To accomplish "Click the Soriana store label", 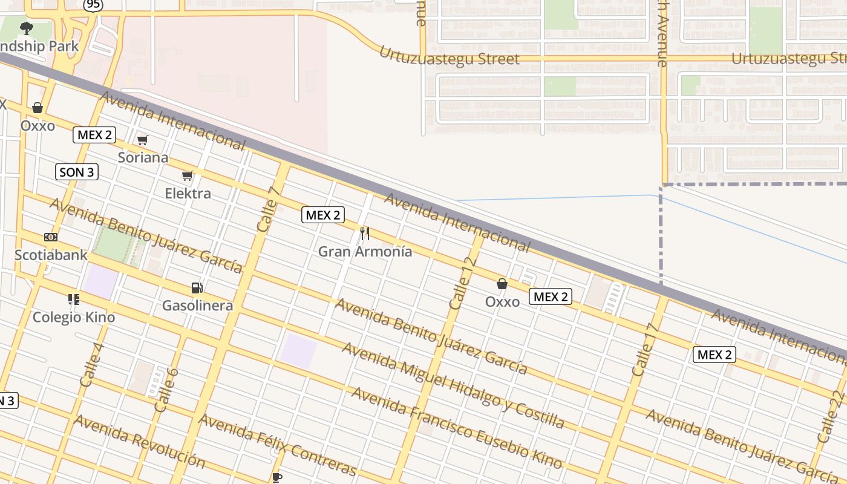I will click(x=143, y=157).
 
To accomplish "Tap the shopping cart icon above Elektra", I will click(x=188, y=176).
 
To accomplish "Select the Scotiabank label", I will click(x=51, y=255).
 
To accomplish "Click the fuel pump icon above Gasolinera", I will click(x=197, y=288).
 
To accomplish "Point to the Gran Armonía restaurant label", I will click(x=365, y=251).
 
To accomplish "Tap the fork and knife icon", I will click(x=365, y=233).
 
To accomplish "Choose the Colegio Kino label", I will click(x=73, y=317).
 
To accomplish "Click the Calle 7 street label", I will click(x=269, y=209).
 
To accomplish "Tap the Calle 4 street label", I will click(x=91, y=365).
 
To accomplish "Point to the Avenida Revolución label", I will click(x=139, y=441).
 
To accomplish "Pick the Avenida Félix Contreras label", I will click(x=278, y=445).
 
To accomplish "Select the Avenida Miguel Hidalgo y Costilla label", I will click(x=453, y=385).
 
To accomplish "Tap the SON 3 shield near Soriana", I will click(x=76, y=172).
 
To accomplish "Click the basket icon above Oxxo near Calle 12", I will click(x=502, y=284).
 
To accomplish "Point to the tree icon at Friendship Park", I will click(x=26, y=28).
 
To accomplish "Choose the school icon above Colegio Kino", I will click(x=74, y=299).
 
